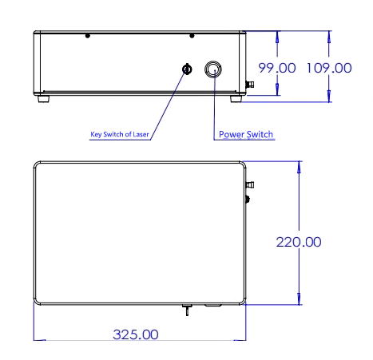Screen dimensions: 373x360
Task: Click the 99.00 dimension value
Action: pos(277,68)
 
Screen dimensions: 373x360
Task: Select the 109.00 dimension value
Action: pos(329,68)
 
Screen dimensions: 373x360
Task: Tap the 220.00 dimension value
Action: pos(299,242)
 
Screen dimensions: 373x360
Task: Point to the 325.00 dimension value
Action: pos(136,334)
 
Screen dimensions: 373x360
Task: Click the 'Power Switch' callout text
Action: pos(246,134)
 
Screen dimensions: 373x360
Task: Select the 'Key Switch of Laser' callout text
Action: pos(120,134)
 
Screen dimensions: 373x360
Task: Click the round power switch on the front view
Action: pos(213,69)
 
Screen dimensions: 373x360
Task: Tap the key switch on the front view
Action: pos(187,69)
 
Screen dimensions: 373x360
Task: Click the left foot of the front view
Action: pos(43,99)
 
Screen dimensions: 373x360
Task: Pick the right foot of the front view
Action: pos(236,99)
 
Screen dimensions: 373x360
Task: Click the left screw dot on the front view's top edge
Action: pos(87,36)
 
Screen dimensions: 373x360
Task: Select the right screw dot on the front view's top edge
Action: pos(192,36)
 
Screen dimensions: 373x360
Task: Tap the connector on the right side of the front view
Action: pos(250,85)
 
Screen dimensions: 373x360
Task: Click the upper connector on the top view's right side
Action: pos(250,184)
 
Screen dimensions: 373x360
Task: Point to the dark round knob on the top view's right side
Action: pos(248,199)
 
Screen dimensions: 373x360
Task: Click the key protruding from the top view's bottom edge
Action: pos(187,310)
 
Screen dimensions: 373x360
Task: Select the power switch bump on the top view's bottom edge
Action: pos(213,306)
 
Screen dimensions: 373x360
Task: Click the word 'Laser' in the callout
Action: pos(141,134)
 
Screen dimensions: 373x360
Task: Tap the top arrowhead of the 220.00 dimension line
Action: pos(299,167)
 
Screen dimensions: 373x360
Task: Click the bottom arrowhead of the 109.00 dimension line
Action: pos(329,96)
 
